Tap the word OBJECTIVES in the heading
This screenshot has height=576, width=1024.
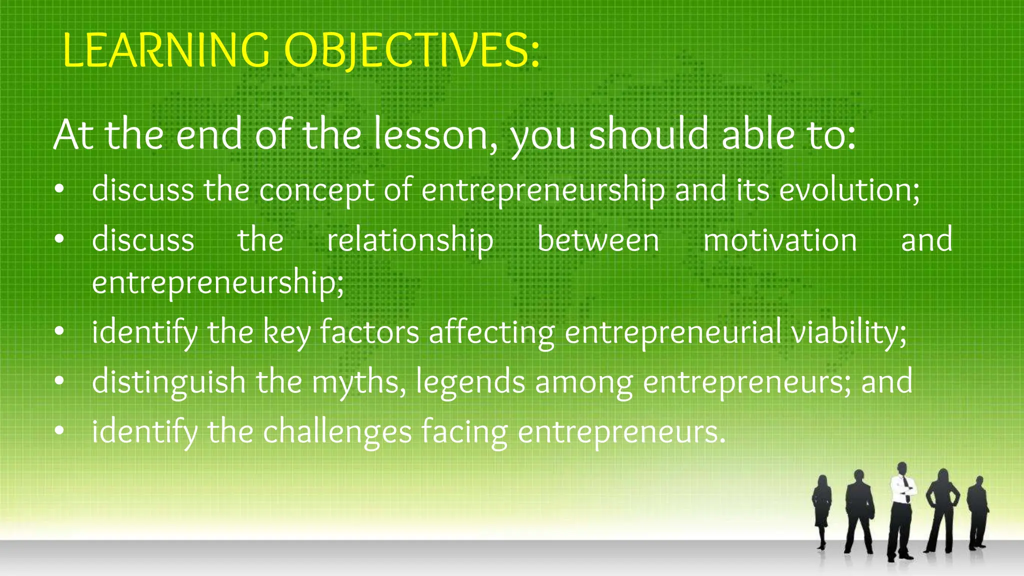(x=412, y=51)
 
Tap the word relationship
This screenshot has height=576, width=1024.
(x=410, y=240)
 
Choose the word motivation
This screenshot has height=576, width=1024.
(x=780, y=240)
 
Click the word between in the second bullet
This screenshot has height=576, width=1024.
(x=598, y=240)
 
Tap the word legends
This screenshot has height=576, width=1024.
(x=470, y=382)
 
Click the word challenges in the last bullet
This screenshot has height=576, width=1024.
(x=337, y=432)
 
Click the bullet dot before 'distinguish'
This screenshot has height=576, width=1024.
(x=59, y=381)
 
